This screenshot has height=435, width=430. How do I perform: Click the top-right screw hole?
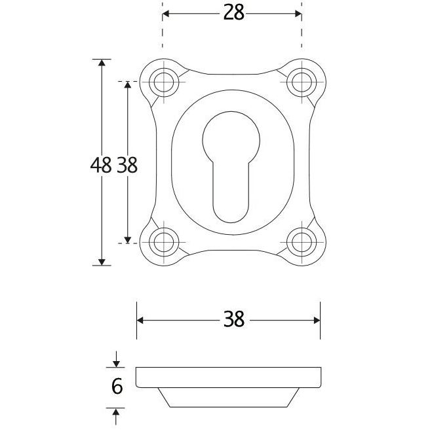pos(302,82)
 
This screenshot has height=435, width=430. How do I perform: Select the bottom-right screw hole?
pos(302,242)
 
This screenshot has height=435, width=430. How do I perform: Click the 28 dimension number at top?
pos(233,13)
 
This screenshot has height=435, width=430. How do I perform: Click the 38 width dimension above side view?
pos(233,320)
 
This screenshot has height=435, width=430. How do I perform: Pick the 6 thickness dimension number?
pos(117,387)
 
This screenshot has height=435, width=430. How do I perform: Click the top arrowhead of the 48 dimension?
pos(101,63)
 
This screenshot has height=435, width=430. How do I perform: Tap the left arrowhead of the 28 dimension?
pos(166,13)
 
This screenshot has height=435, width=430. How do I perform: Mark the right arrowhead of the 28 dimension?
pos(298,13)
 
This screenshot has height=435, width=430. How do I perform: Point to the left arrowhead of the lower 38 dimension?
pos(141,320)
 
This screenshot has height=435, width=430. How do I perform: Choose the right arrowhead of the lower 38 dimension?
pos(316,320)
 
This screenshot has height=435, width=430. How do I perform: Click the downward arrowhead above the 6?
pos(117,362)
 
